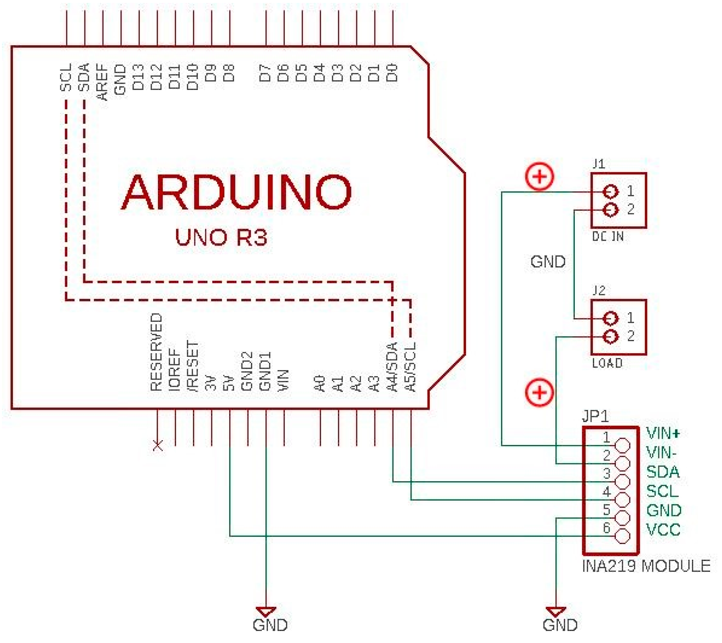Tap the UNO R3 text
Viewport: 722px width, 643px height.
[221, 237]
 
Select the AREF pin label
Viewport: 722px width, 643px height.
[102, 82]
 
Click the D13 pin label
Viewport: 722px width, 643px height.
[138, 77]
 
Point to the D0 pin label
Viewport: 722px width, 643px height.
[392, 73]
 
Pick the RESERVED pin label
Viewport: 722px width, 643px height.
[156, 352]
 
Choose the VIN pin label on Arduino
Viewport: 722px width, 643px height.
[283, 380]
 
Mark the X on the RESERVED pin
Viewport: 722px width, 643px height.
[158, 445]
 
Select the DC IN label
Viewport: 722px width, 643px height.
[608, 237]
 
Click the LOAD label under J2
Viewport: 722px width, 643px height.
[607, 363]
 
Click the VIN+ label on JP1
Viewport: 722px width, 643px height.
[663, 433]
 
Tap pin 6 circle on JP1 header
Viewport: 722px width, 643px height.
[622, 536]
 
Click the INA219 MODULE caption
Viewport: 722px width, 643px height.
[646, 566]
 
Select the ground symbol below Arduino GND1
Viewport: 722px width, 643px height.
[266, 612]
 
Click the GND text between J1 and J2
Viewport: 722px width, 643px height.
[548, 262]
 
